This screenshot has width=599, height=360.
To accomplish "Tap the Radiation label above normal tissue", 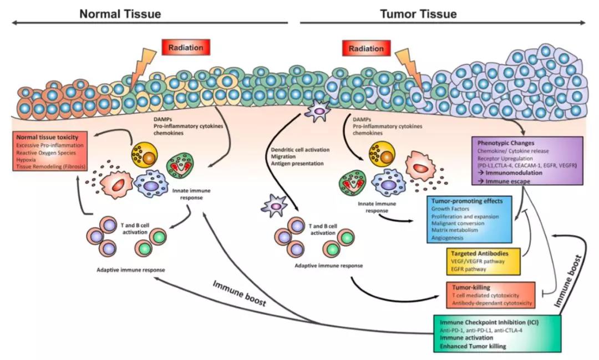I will point(186,48).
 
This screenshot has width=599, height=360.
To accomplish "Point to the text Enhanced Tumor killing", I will point(473,347).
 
